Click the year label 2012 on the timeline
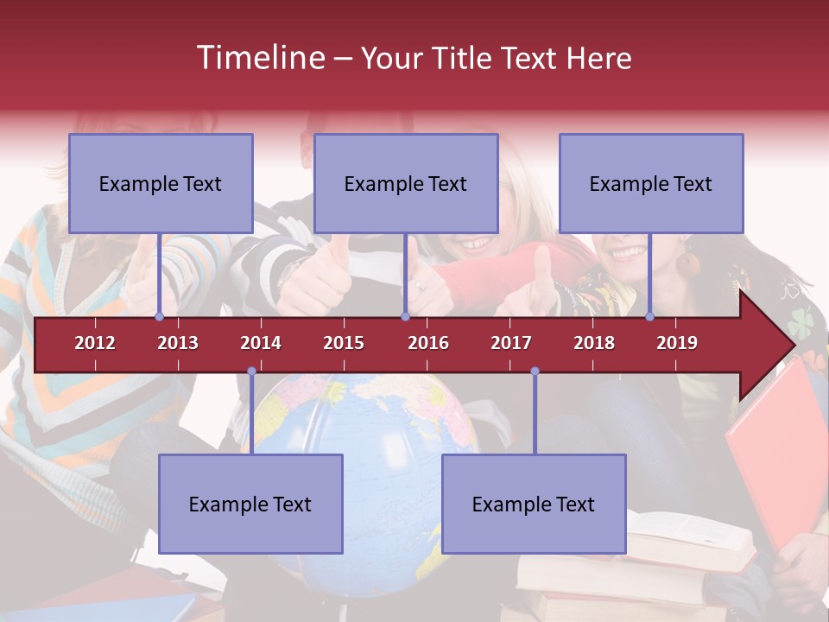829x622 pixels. pos(95,343)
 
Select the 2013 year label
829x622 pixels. pos(178,343)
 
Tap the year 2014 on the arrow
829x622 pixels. pos(261,343)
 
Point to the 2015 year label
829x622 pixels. pos(344,343)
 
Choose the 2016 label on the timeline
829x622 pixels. pos(428,343)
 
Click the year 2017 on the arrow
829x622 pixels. pos(511,343)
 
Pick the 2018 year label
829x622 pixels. pos(594,343)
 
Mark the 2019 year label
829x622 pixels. pos(677,343)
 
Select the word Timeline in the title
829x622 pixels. pos(259,58)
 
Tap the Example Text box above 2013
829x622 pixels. pos(161,183)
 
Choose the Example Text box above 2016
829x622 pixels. pos(406,183)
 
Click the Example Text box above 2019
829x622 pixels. pos(651,183)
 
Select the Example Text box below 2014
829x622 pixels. pos(250,504)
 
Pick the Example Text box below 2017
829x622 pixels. pos(534,504)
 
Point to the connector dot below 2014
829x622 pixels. pos(251,371)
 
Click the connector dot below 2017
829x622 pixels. pos(535,371)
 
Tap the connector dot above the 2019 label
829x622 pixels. pos(650,316)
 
